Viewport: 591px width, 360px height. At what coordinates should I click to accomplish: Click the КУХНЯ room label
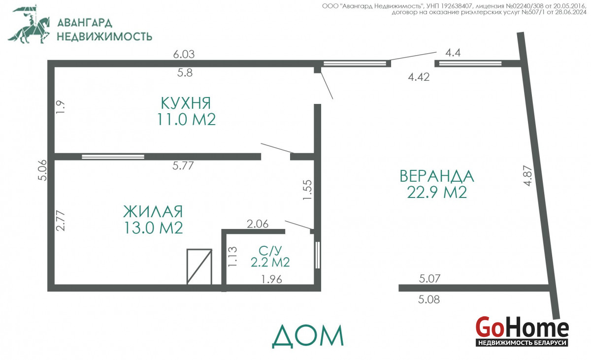(186, 103)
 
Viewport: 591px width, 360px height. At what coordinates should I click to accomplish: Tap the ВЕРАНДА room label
(437, 176)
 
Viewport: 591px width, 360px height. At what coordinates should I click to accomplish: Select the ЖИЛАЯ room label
(153, 211)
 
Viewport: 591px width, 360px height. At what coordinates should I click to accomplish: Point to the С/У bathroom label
(270, 251)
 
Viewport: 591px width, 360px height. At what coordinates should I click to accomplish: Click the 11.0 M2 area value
(186, 119)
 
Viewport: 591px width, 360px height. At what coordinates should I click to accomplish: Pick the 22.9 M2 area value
(437, 192)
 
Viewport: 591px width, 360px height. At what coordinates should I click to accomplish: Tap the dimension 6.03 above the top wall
(184, 54)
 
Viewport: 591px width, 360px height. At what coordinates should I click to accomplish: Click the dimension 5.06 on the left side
(42, 170)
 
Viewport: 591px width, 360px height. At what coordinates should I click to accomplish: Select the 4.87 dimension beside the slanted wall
(528, 176)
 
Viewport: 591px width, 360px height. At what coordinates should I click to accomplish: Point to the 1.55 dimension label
(307, 190)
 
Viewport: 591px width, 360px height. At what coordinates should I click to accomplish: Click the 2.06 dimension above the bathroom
(258, 224)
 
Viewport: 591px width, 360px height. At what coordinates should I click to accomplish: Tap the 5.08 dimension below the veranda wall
(429, 299)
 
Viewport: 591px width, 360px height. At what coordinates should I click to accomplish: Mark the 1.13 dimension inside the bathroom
(232, 257)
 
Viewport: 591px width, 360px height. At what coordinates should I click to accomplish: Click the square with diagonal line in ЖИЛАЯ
(199, 266)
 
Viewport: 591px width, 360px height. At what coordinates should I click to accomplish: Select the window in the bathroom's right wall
(318, 255)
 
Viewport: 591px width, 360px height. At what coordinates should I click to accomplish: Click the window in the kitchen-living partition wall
(113, 157)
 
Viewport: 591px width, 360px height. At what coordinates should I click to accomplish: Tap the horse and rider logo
(29, 24)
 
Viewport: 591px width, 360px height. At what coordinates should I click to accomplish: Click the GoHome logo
(522, 335)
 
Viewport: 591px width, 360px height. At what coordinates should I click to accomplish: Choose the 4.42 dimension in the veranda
(419, 77)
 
